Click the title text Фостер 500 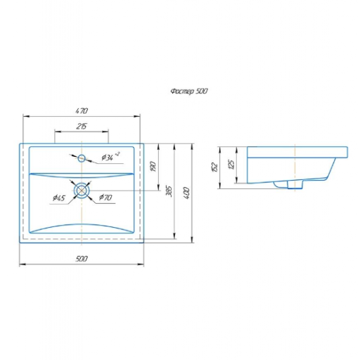189,91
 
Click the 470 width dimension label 82,110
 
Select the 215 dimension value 82,127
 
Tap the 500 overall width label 82,259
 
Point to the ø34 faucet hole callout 110,157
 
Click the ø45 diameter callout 59,198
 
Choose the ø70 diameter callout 105,198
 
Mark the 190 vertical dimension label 153,166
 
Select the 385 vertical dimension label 169,191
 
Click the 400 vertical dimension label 186,193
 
